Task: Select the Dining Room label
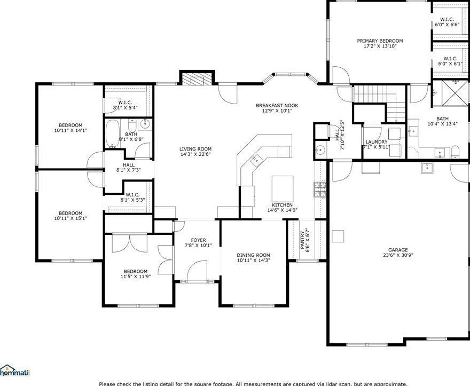[253, 255]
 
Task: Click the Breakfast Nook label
[276, 106]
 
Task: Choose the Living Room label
[195, 149]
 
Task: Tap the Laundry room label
[376, 142]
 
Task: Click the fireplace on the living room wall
[197, 79]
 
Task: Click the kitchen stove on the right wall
[320, 188]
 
